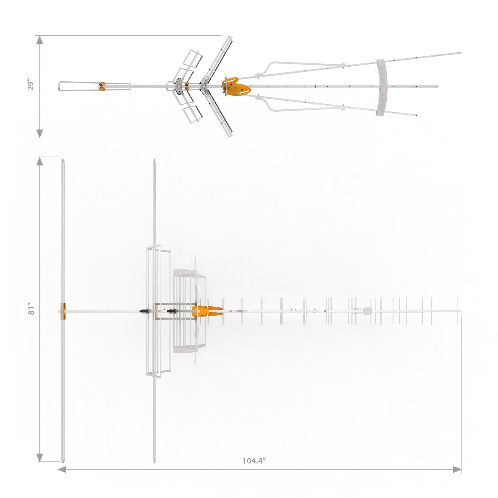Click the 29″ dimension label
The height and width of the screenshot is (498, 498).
31,86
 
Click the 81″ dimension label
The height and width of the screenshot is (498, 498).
31,311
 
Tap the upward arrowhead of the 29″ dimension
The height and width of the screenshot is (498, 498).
39,40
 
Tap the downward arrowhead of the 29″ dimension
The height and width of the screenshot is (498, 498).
39,133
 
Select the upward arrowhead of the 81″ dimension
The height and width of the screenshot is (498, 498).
39,161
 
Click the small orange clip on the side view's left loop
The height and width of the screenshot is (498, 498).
102,86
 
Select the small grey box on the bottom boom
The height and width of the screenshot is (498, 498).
367,311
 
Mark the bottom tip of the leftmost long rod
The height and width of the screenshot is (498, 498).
63,461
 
